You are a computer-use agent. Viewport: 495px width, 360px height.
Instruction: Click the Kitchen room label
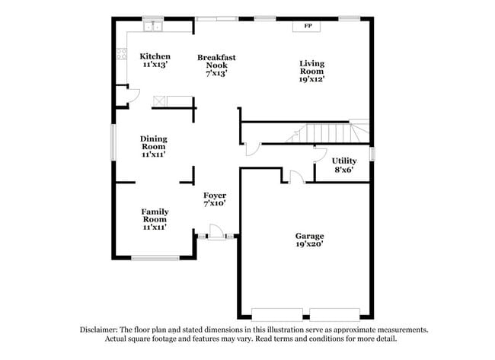click(x=155, y=57)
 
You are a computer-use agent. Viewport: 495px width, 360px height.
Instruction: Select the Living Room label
click(x=311, y=68)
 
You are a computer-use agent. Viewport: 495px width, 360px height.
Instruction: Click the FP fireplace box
click(x=308, y=27)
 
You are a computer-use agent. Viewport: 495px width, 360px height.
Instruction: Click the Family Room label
click(x=155, y=215)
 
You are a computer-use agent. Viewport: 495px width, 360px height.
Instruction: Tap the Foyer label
click(x=214, y=196)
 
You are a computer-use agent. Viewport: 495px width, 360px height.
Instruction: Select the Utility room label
click(x=343, y=161)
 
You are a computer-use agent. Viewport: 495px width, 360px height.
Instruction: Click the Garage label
click(x=310, y=236)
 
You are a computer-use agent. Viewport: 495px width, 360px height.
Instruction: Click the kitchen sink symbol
click(x=155, y=27)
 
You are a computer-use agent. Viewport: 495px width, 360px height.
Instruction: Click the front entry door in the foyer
click(x=216, y=231)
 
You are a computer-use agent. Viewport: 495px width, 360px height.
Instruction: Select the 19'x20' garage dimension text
click(x=310, y=245)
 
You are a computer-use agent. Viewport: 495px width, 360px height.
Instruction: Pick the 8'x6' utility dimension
click(x=343, y=170)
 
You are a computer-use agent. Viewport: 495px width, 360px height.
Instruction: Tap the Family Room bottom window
click(x=155, y=258)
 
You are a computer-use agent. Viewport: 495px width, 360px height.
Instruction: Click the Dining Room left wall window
click(x=114, y=142)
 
